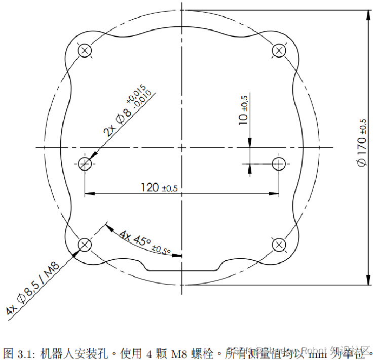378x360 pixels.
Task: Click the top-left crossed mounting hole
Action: pos(85,50)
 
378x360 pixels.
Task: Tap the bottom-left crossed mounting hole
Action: pos(85,245)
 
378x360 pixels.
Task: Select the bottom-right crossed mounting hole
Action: pos(279,245)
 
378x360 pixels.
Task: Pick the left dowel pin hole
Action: pos(85,163)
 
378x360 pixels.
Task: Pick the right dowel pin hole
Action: pos(279,163)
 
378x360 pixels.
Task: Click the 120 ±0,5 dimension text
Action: pos(159,187)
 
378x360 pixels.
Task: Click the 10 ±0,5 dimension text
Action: pos(244,110)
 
